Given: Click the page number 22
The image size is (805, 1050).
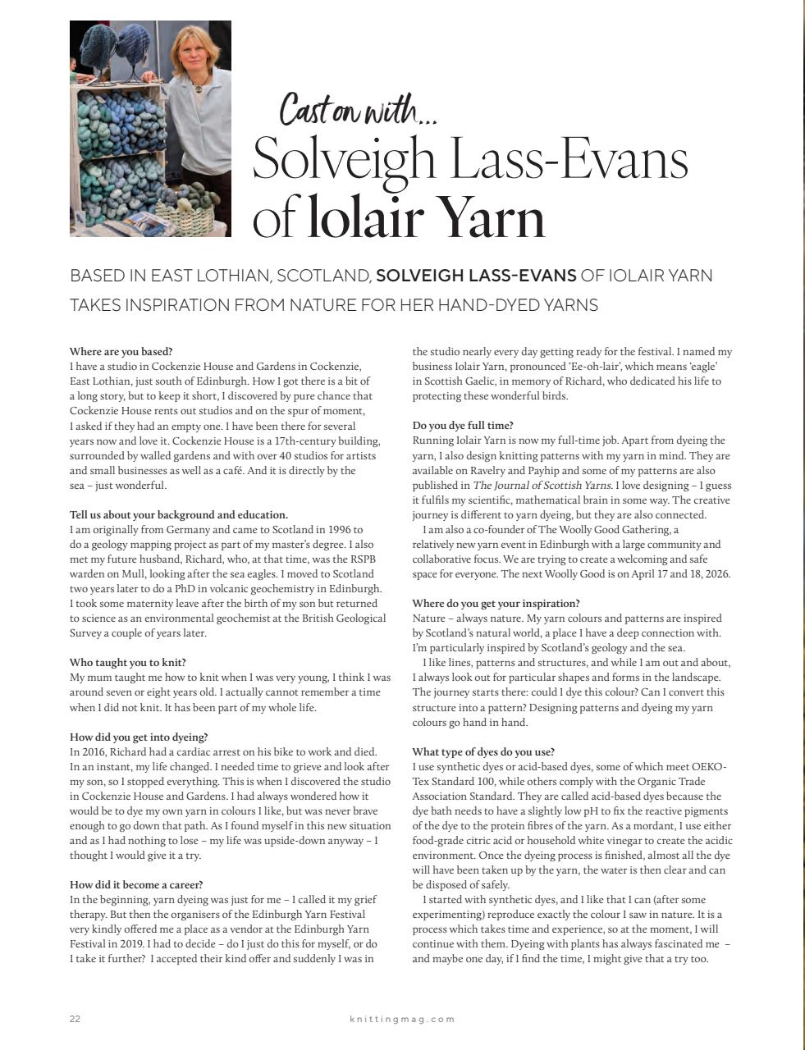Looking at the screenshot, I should click(75, 1019).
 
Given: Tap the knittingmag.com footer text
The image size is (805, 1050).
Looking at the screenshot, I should click(402, 1019).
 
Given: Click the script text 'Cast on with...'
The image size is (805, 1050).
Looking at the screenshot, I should click(358, 109).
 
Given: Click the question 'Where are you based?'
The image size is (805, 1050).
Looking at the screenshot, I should click(121, 352).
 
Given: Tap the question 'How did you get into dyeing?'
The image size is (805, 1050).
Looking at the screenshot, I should click(139, 737).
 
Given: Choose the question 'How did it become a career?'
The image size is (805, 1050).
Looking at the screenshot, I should click(137, 884).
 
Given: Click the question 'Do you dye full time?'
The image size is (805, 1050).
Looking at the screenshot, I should click(463, 426).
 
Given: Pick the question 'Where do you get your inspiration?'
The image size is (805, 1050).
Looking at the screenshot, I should click(496, 603).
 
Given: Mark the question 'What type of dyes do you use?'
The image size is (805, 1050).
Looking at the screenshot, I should click(483, 751).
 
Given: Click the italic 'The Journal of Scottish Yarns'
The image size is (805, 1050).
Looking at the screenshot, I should click(542, 486).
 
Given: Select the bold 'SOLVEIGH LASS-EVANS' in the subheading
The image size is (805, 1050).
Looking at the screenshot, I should click(476, 276).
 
